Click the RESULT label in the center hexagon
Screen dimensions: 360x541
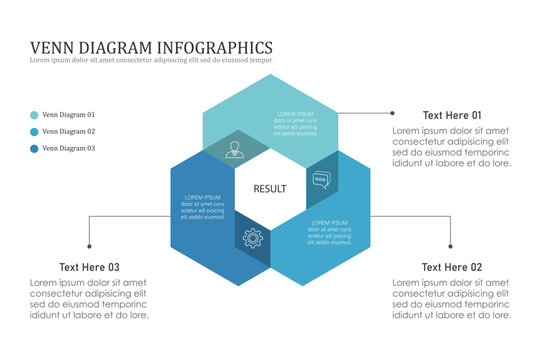[270, 188]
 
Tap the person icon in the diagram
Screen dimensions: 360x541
[235, 150]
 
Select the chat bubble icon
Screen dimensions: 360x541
[321, 180]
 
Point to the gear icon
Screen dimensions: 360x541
[252, 238]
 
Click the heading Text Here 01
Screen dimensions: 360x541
[451, 115]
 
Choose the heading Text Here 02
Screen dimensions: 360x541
[451, 267]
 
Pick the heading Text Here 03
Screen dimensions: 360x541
[89, 267]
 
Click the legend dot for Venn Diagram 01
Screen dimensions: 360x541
[35, 115]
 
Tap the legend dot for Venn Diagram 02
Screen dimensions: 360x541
[35, 132]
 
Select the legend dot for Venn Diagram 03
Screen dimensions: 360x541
[35, 149]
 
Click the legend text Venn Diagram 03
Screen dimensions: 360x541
[69, 149]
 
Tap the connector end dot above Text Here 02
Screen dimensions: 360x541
[451, 246]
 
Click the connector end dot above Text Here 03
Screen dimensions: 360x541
[89, 246]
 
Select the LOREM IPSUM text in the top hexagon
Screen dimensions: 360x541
[295, 114]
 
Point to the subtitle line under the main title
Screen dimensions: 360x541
[151, 61]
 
